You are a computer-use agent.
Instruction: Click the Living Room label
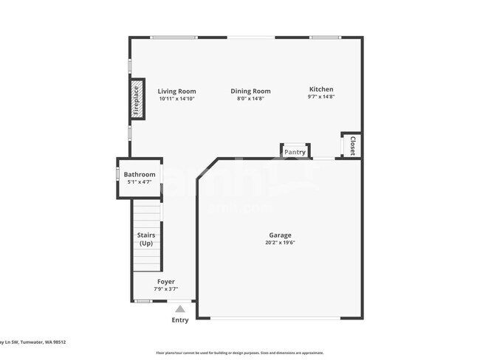pos(176,91)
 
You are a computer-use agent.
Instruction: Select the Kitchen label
pos(321,89)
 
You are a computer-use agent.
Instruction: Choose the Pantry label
pos(295,152)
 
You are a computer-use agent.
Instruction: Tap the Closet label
pos(352,145)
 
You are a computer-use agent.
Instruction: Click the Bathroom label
pos(139,175)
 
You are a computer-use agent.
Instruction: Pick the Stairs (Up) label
pos(145,239)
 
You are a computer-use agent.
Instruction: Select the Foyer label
pos(165,282)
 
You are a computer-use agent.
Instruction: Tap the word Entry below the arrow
pos(180,320)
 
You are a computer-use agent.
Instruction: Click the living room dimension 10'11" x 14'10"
pos(176,99)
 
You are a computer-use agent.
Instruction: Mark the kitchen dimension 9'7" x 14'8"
pos(321,97)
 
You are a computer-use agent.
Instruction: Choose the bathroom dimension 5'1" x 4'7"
pos(139,182)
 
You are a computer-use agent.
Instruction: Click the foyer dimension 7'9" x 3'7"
pos(165,289)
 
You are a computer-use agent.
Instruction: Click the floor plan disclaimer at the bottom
pos(239,353)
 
